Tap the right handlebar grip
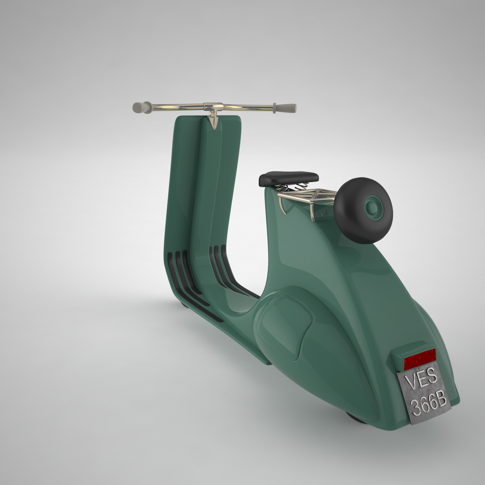pos(286,108)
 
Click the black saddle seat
pos(289,178)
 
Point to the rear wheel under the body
pos(356,418)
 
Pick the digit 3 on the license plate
pos(416,406)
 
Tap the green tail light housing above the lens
pos(407,350)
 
